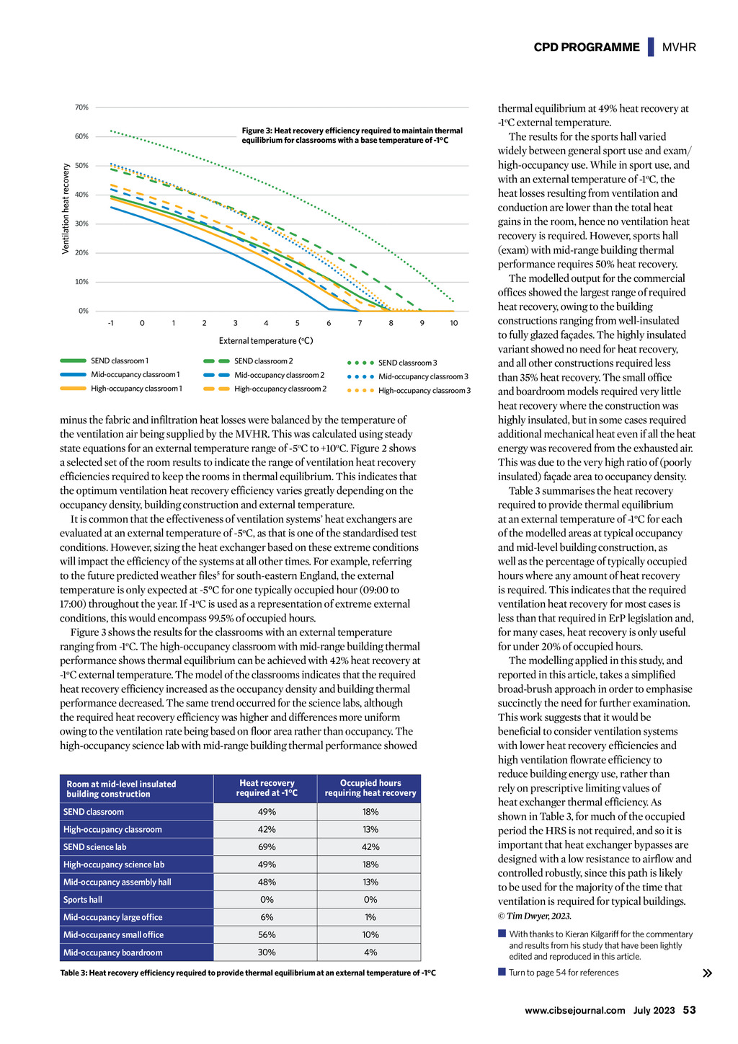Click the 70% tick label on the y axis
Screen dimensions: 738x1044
click(81, 107)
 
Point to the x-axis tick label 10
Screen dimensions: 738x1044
click(453, 322)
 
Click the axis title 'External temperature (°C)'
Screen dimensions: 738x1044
click(265, 341)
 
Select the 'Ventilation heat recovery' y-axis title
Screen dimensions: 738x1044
click(66, 209)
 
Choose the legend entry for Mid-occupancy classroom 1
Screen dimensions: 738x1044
click(120, 374)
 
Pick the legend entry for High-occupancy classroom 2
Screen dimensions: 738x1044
click(265, 389)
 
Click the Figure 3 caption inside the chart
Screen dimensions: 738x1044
click(352, 135)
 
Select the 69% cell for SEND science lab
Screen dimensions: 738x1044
click(267, 847)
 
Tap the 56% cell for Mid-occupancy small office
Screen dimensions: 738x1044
click(267, 934)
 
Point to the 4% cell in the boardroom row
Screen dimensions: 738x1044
click(370, 952)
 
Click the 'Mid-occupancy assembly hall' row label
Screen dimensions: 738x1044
click(117, 882)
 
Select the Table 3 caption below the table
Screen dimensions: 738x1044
click(248, 973)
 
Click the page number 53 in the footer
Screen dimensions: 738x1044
click(689, 1010)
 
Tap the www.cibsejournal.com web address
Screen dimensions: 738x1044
click(575, 1010)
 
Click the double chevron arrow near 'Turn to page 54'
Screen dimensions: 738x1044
click(707, 973)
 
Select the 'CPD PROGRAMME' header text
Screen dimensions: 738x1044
click(587, 47)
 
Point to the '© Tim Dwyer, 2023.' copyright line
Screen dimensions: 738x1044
click(534, 916)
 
